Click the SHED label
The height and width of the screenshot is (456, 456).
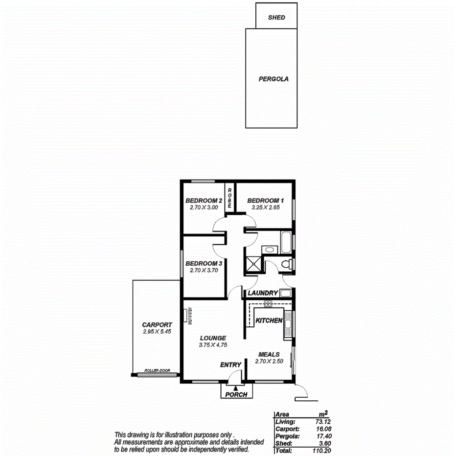click(x=276, y=18)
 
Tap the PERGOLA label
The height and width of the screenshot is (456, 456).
click(x=274, y=78)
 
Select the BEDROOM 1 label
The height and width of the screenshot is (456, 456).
click(x=265, y=200)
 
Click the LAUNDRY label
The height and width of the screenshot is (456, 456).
click(x=263, y=293)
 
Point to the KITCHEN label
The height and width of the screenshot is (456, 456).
click(x=269, y=320)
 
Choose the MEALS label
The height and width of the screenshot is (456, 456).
click(x=269, y=355)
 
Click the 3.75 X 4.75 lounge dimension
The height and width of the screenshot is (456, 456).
click(x=213, y=345)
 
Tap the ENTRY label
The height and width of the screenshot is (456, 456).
click(x=230, y=365)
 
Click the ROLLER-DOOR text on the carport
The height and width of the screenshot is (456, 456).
click(x=157, y=371)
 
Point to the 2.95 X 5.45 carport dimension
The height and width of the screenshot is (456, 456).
click(x=157, y=332)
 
